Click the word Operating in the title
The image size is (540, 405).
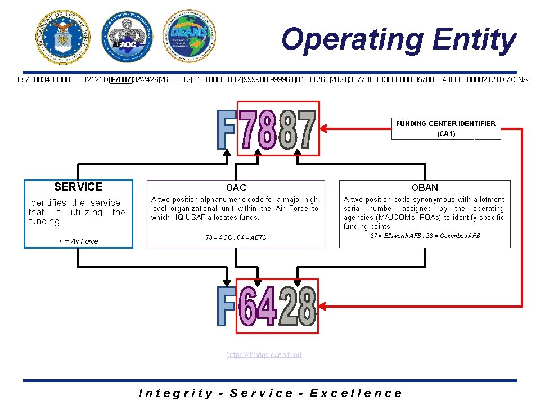[352, 40]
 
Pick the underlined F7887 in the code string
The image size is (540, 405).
[120, 79]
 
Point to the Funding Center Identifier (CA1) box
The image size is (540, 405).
[445, 128]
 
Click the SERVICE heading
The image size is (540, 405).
[78, 187]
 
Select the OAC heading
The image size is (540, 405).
[236, 187]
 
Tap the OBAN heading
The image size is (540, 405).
[425, 187]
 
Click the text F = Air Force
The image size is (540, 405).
[78, 241]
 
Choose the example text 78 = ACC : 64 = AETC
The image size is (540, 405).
[236, 237]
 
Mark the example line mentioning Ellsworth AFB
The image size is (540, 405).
[425, 236]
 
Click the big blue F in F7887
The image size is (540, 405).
[226, 129]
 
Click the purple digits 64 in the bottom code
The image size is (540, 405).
[258, 307]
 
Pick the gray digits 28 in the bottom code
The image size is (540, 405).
[298, 307]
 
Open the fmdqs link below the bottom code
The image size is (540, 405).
[264, 354]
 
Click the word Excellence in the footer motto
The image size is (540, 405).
[356, 394]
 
